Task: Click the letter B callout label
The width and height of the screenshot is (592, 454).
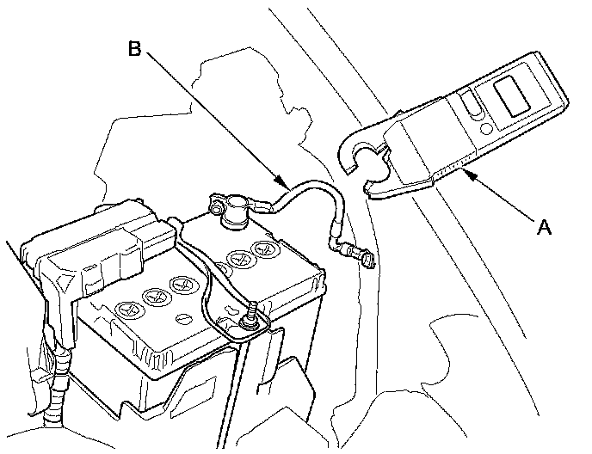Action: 135,49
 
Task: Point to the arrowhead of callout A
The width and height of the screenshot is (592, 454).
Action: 465,172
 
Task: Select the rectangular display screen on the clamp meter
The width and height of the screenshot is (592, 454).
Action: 514,94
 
